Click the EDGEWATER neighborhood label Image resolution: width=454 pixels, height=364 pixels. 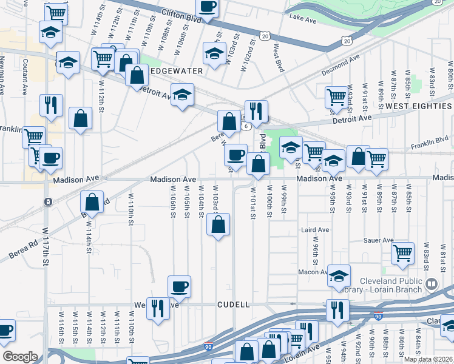click(176, 70)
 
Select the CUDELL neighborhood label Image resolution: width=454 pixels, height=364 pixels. click(234, 305)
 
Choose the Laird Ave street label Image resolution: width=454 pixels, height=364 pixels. click(315, 230)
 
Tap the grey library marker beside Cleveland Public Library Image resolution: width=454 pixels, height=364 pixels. click(432, 283)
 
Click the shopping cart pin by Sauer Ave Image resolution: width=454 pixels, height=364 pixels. click(402, 253)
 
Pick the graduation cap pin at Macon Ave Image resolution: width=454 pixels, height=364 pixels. click(339, 275)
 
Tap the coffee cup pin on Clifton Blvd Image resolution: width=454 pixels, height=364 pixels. click(208, 7)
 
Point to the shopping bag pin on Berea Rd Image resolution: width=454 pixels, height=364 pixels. click(92, 202)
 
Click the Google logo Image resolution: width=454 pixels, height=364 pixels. click(20, 357)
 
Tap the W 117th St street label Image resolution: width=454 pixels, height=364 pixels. click(45, 246)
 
